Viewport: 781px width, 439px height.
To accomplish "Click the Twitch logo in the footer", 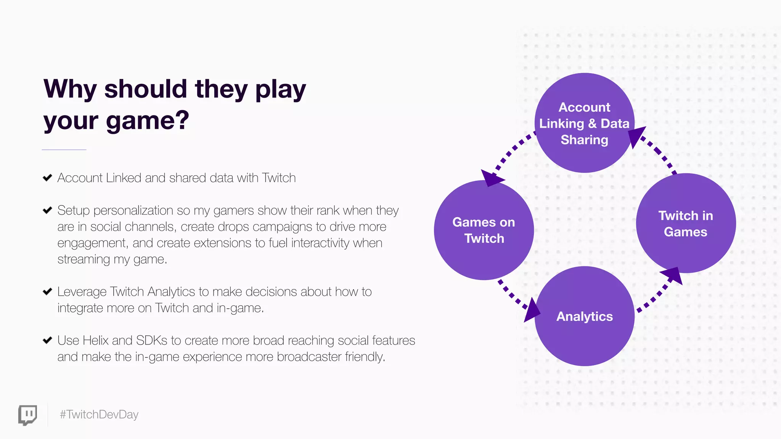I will pyautogui.click(x=28, y=415).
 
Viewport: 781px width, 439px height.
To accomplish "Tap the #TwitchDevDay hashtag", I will pyautogui.click(x=99, y=415).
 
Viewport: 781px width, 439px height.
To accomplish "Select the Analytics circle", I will pyautogui.click(x=584, y=316).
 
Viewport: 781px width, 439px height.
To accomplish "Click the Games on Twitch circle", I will pyautogui.click(x=484, y=230).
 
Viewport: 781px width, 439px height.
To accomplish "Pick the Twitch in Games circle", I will pyautogui.click(x=686, y=224).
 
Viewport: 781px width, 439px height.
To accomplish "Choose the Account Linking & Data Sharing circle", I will pyautogui.click(x=584, y=123).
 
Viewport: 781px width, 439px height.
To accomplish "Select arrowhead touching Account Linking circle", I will pyautogui.click(x=636, y=136).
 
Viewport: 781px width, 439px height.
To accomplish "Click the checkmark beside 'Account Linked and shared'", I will pyautogui.click(x=47, y=178).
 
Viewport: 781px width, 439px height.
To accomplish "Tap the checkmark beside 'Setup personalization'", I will pyautogui.click(x=47, y=210).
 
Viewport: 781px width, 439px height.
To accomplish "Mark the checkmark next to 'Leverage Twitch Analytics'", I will pyautogui.click(x=47, y=292).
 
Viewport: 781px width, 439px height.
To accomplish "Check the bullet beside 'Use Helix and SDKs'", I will pyautogui.click(x=47, y=340).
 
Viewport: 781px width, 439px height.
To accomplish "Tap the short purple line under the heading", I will pyautogui.click(x=64, y=150).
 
